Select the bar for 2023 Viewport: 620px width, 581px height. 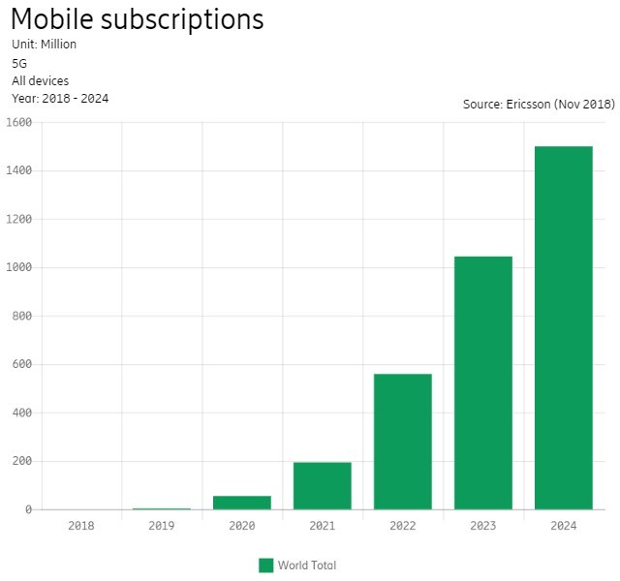[482, 382]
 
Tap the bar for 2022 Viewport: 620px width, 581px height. [402, 442]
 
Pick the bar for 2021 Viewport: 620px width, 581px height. [322, 485]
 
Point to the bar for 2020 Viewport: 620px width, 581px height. [241, 503]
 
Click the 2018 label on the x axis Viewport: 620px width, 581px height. [81, 526]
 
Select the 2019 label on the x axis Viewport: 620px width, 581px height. [162, 526]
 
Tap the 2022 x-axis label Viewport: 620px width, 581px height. [402, 526]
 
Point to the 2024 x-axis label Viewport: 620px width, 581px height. [563, 526]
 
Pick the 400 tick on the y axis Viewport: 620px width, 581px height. [22, 413]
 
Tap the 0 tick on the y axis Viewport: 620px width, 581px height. [28, 509]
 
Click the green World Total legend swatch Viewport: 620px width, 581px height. [265, 566]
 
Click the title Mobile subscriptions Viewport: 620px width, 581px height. [137, 19]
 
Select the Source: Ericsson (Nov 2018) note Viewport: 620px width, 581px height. [538, 104]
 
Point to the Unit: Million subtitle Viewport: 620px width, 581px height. [45, 45]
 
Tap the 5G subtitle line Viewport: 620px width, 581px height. [19, 63]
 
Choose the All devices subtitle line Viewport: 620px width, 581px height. [40, 81]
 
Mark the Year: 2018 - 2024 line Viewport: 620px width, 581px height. [60, 99]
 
